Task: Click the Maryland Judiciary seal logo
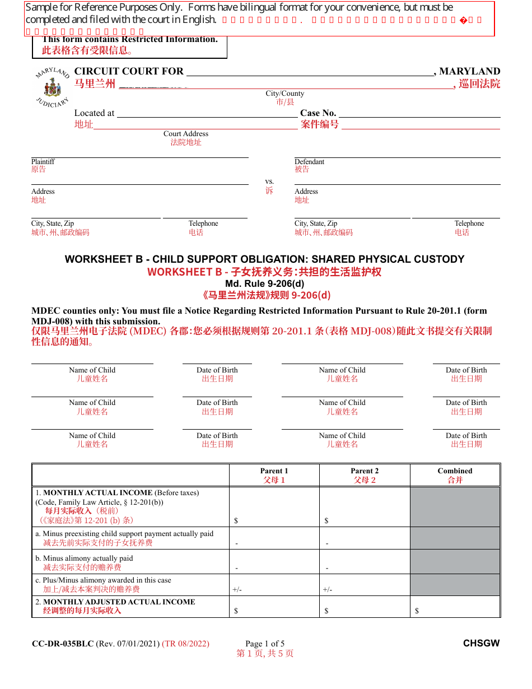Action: (x=52, y=89)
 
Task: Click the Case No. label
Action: (x=318, y=113)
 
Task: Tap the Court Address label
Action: (x=186, y=134)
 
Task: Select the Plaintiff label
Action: (x=43, y=162)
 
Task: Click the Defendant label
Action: (x=309, y=162)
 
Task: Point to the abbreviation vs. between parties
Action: (x=269, y=181)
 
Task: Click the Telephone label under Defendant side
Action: (x=469, y=224)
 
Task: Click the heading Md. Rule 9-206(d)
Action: (x=265, y=283)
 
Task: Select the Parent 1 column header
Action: (x=274, y=471)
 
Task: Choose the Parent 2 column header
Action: (x=365, y=471)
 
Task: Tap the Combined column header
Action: (x=455, y=471)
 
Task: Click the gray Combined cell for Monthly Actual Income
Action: (x=455, y=506)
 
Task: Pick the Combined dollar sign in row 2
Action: (x=417, y=611)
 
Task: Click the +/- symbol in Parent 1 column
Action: (x=237, y=589)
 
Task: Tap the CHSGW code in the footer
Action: (x=481, y=644)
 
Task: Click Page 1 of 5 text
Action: (x=265, y=644)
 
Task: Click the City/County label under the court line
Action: (x=285, y=94)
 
